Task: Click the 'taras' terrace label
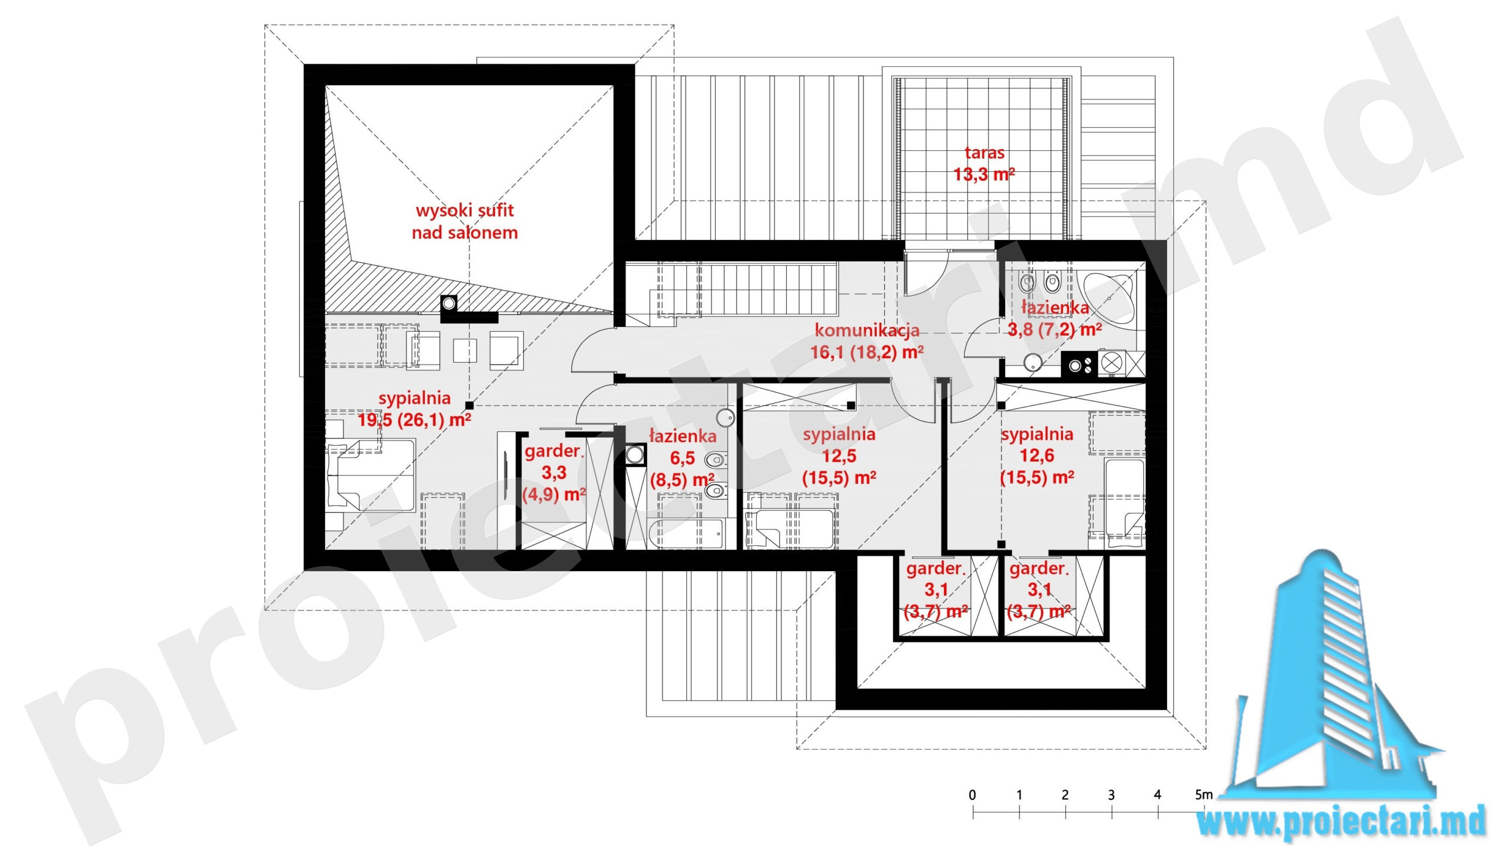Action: (x=984, y=153)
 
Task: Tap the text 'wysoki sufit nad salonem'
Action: (x=465, y=221)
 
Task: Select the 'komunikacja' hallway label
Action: (x=867, y=330)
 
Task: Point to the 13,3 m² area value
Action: (x=984, y=174)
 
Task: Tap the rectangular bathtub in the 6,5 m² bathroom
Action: (x=685, y=533)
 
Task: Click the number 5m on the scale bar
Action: (x=1203, y=795)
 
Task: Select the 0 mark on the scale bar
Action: (x=972, y=795)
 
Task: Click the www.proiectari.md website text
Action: (x=1341, y=822)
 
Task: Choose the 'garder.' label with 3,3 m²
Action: (x=553, y=451)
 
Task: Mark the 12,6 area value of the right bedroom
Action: (x=1037, y=455)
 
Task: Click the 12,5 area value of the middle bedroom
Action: (x=839, y=456)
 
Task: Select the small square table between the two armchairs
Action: (x=465, y=351)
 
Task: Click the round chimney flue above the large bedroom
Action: (x=449, y=303)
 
